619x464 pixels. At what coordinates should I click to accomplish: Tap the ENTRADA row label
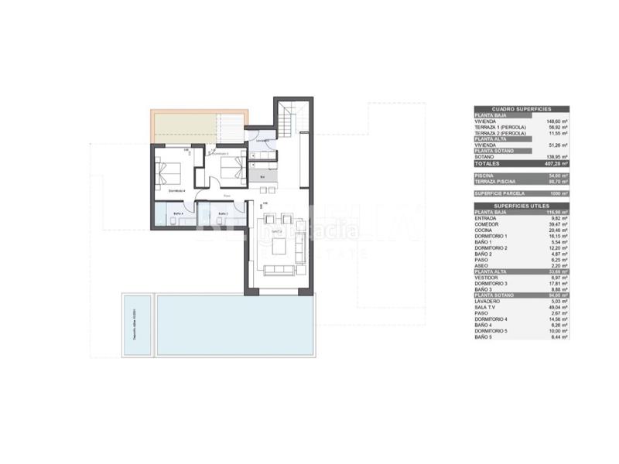486,217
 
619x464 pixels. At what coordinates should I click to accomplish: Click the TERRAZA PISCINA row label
497,181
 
